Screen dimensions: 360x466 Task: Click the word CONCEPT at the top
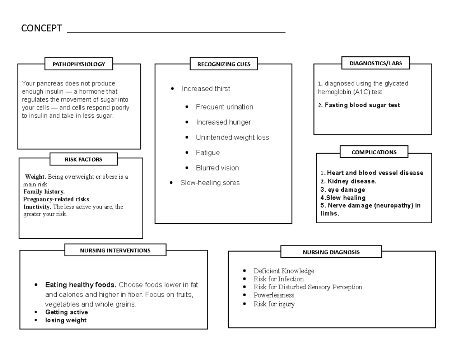[41, 29]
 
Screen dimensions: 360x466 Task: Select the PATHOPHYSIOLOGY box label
[79, 64]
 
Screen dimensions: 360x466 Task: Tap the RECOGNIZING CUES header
[224, 64]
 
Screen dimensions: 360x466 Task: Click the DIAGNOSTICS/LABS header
[375, 63]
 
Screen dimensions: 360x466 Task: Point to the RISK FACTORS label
[83, 159]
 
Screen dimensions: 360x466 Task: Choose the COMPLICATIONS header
[374, 152]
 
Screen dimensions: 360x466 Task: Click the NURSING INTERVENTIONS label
[115, 250]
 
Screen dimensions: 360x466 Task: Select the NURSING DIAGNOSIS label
[331, 252]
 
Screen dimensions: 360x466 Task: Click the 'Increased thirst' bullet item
[205, 89]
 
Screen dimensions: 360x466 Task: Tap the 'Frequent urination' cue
[224, 107]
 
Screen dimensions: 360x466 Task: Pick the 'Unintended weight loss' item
[232, 137]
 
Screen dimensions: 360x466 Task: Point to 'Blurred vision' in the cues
[217, 168]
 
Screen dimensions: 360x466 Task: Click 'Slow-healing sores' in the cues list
[210, 183]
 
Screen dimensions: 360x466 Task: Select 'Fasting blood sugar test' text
[362, 105]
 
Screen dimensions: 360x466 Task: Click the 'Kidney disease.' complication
[351, 181]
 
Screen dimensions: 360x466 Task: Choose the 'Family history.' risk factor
[44, 191]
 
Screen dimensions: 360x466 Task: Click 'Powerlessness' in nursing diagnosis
[273, 295]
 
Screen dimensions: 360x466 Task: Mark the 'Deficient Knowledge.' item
[284, 271]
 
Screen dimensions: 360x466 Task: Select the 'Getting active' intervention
[66, 312]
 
